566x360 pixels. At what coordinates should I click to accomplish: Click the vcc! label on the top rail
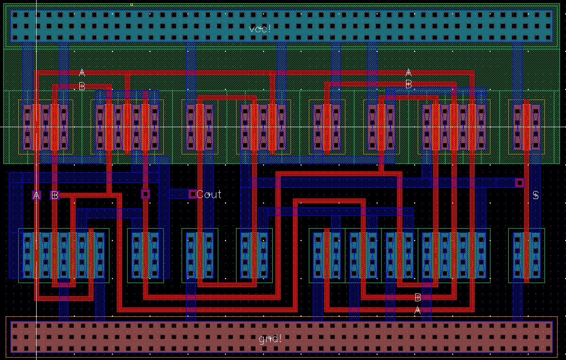point(260,29)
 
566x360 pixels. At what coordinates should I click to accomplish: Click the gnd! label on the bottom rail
point(270,338)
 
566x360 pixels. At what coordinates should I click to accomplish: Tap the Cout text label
point(209,194)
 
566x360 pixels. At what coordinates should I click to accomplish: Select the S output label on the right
point(535,195)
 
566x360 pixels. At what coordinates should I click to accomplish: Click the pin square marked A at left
point(37,195)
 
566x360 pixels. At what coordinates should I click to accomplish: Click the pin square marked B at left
point(55,195)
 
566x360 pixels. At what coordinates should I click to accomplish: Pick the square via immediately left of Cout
point(193,194)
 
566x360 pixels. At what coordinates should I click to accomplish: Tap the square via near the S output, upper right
point(520,183)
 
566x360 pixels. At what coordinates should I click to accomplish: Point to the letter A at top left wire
point(82,73)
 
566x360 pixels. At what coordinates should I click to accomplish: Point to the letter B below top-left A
point(82,87)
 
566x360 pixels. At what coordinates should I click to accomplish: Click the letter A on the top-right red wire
point(408,73)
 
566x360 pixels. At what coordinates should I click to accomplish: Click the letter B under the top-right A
point(408,85)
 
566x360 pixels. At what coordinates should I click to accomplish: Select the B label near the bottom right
point(418,297)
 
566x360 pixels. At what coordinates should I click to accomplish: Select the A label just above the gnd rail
point(417,310)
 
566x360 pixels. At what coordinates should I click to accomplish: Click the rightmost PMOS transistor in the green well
point(526,127)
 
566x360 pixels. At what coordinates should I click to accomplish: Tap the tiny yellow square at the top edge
point(131,5)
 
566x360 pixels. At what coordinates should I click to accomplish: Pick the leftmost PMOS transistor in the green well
point(46,127)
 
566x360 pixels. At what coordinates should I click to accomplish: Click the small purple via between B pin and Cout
point(145,193)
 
